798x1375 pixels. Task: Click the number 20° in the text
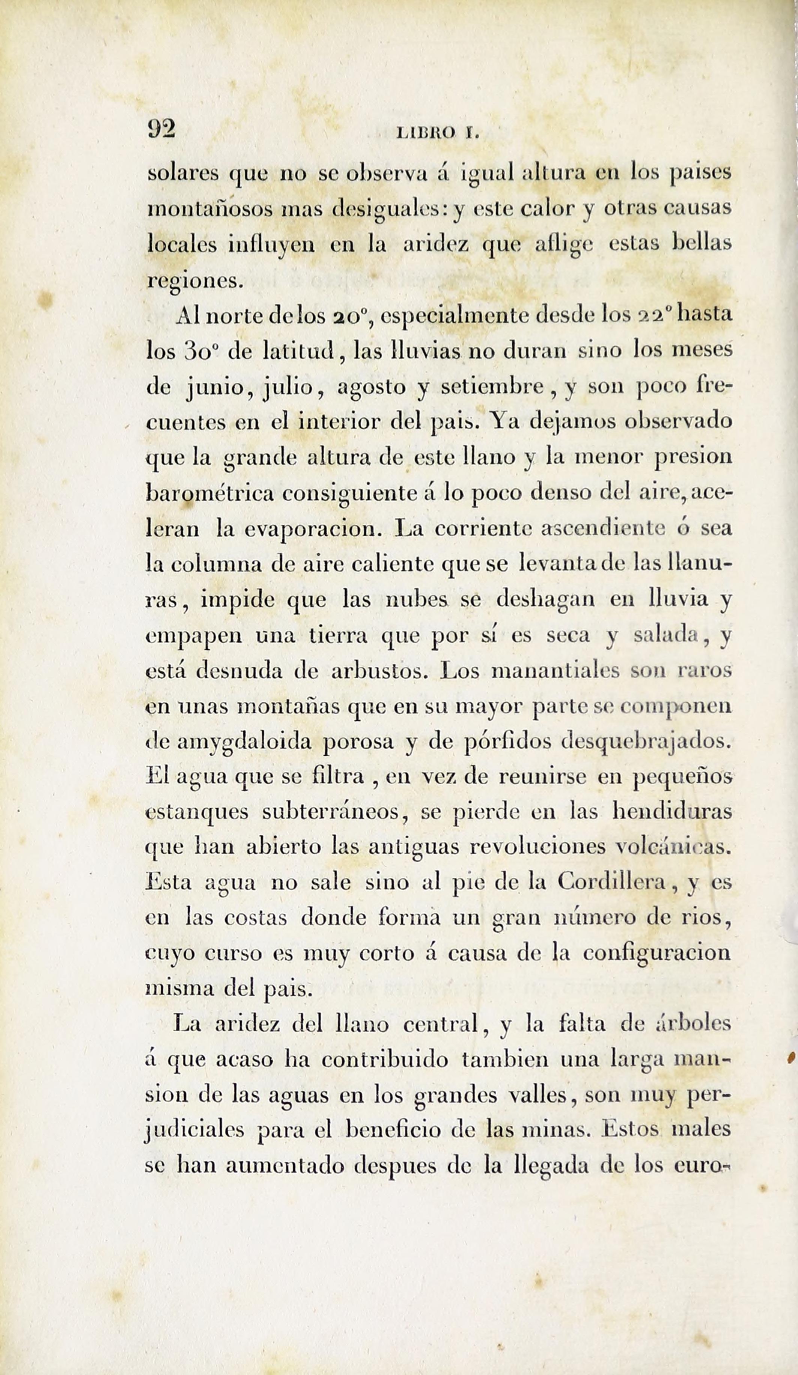click(x=352, y=317)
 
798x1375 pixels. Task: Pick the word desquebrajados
click(x=646, y=742)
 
